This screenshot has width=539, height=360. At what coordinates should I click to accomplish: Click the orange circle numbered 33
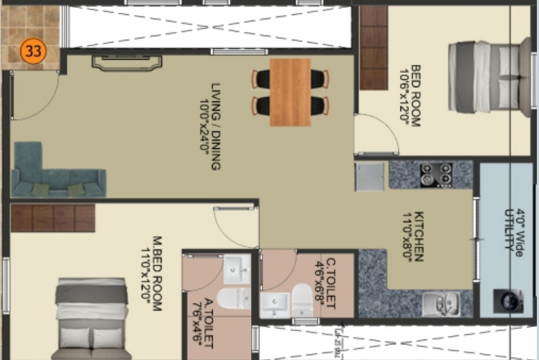tap(32, 51)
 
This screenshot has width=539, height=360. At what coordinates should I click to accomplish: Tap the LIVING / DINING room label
tap(211, 126)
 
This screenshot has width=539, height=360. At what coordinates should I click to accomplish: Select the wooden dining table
tap(290, 91)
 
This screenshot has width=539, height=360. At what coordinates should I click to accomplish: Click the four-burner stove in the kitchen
tap(435, 174)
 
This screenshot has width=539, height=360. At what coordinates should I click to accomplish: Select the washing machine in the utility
tap(507, 300)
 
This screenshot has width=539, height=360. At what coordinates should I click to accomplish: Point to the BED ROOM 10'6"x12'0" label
tap(411, 95)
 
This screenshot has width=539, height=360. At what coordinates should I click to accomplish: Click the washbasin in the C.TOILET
tap(274, 305)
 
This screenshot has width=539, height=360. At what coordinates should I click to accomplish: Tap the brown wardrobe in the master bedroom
tap(52, 218)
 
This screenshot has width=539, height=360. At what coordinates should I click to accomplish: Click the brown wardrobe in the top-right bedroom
tap(373, 47)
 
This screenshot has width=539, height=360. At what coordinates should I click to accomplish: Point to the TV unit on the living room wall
tap(117, 63)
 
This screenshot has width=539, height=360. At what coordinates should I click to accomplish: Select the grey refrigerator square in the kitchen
tap(369, 176)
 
